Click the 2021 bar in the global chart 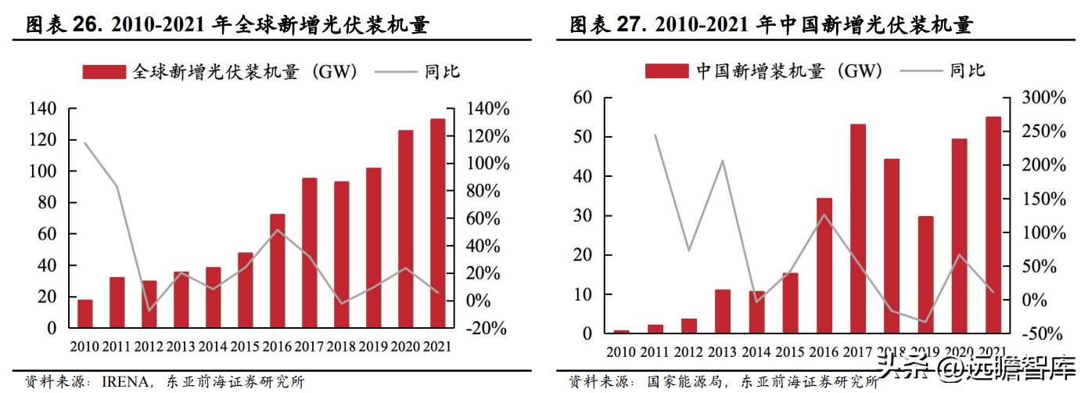tap(437, 223)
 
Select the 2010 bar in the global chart tap(84, 313)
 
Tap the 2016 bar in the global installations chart tap(277, 270)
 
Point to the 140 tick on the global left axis tap(43, 108)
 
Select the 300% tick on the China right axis tap(1043, 98)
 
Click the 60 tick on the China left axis tap(581, 98)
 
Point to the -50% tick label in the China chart tap(1043, 334)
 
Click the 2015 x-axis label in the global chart tap(245, 346)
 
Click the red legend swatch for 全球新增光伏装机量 tap(103, 72)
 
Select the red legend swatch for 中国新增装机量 tap(666, 71)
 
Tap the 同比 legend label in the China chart tap(968, 71)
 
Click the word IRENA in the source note tap(128, 382)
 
